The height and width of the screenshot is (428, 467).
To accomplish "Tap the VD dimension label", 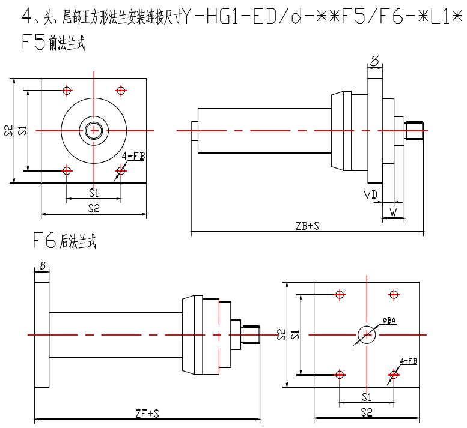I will pos(370,195).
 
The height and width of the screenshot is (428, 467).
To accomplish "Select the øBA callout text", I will pos(388,322).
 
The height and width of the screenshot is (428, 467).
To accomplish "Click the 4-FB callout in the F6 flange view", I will pos(409,361).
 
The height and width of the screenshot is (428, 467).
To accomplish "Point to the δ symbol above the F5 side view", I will pos(374,61).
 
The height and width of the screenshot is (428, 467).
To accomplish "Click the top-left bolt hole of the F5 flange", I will pos(67,91).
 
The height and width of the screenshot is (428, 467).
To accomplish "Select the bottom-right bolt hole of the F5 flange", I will pos(121,171).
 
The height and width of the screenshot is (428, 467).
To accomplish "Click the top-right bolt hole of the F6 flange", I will pos(394,295).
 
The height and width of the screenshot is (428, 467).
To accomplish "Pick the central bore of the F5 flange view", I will pos(94,130).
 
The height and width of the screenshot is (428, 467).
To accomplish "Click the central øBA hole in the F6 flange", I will pos(367,334).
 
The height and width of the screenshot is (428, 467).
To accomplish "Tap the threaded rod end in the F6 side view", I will pos(249,334).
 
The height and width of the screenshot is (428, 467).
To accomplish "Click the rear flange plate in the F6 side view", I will pos(41,334).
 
